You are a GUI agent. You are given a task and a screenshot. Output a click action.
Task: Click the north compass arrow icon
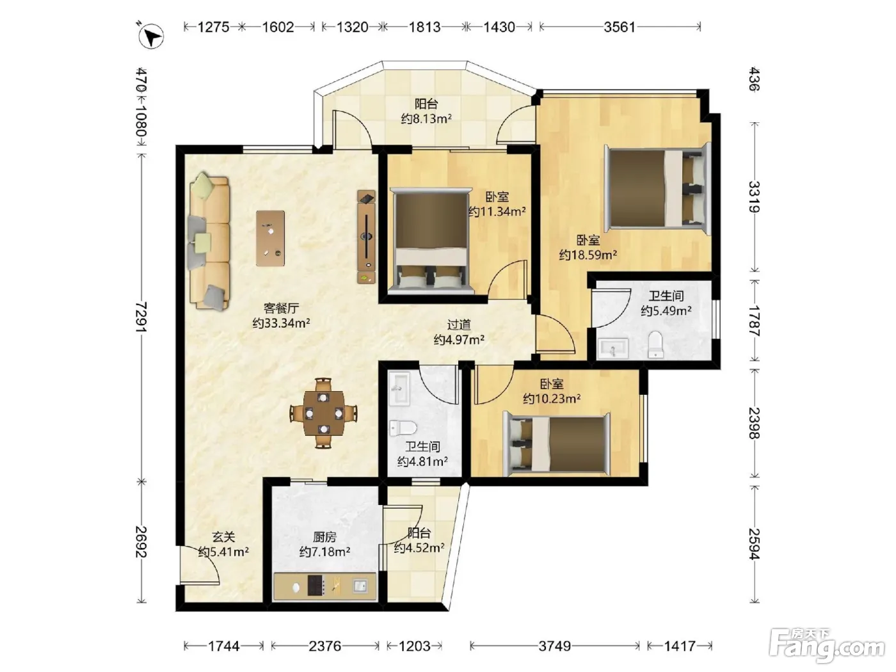pyautogui.click(x=150, y=36)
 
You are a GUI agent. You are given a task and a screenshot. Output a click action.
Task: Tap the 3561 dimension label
pyautogui.click(x=620, y=28)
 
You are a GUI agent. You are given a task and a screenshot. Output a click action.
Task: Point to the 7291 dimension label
pyautogui.click(x=141, y=317)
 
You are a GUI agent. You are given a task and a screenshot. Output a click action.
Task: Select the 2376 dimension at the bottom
pyautogui.click(x=325, y=646)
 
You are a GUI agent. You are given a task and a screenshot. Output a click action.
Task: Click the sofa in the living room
pyautogui.click(x=209, y=241)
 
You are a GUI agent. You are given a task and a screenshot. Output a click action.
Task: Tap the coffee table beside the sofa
pyautogui.click(x=270, y=238)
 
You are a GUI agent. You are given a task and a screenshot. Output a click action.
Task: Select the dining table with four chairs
pyautogui.click(x=324, y=413)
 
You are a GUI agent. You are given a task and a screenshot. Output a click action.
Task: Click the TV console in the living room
pyautogui.click(x=366, y=236)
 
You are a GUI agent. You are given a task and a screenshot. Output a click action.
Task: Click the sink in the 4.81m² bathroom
pyautogui.click(x=399, y=388)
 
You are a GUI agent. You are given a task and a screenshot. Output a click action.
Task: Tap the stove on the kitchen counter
pyautogui.click(x=316, y=586)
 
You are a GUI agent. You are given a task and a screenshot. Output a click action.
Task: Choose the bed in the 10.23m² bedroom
pyautogui.click(x=556, y=444)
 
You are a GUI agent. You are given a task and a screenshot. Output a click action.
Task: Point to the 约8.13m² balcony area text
pyautogui.click(x=426, y=119)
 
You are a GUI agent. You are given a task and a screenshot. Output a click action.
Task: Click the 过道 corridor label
pyautogui.click(x=459, y=324)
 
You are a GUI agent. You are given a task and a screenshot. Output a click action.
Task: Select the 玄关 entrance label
pyautogui.click(x=223, y=536)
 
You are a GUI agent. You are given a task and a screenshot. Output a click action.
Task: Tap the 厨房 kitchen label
pyautogui.click(x=324, y=536)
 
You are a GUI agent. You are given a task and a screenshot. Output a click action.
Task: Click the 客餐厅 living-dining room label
pyautogui.click(x=281, y=308)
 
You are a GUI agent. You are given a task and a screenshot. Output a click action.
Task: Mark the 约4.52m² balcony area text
pyautogui.click(x=419, y=548)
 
